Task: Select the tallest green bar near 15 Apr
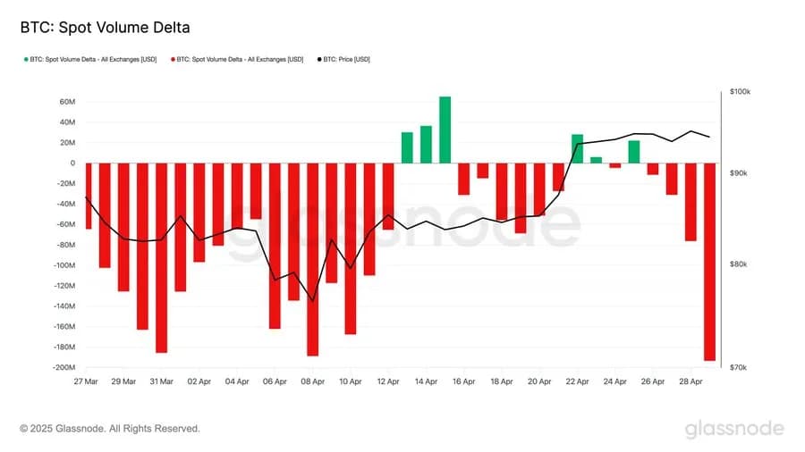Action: [445, 130]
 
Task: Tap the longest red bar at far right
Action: [709, 261]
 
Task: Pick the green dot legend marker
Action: [25, 59]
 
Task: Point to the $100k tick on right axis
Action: [741, 92]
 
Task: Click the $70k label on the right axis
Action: [739, 367]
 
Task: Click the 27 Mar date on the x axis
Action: [85, 381]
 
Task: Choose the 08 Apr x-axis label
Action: [312, 381]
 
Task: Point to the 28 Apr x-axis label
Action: [691, 381]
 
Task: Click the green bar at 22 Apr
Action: [577, 148]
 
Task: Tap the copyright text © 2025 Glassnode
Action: [110, 429]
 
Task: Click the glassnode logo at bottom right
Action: [734, 429]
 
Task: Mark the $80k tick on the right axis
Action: [739, 264]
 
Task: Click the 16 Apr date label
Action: [463, 381]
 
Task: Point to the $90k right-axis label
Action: [739, 173]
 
